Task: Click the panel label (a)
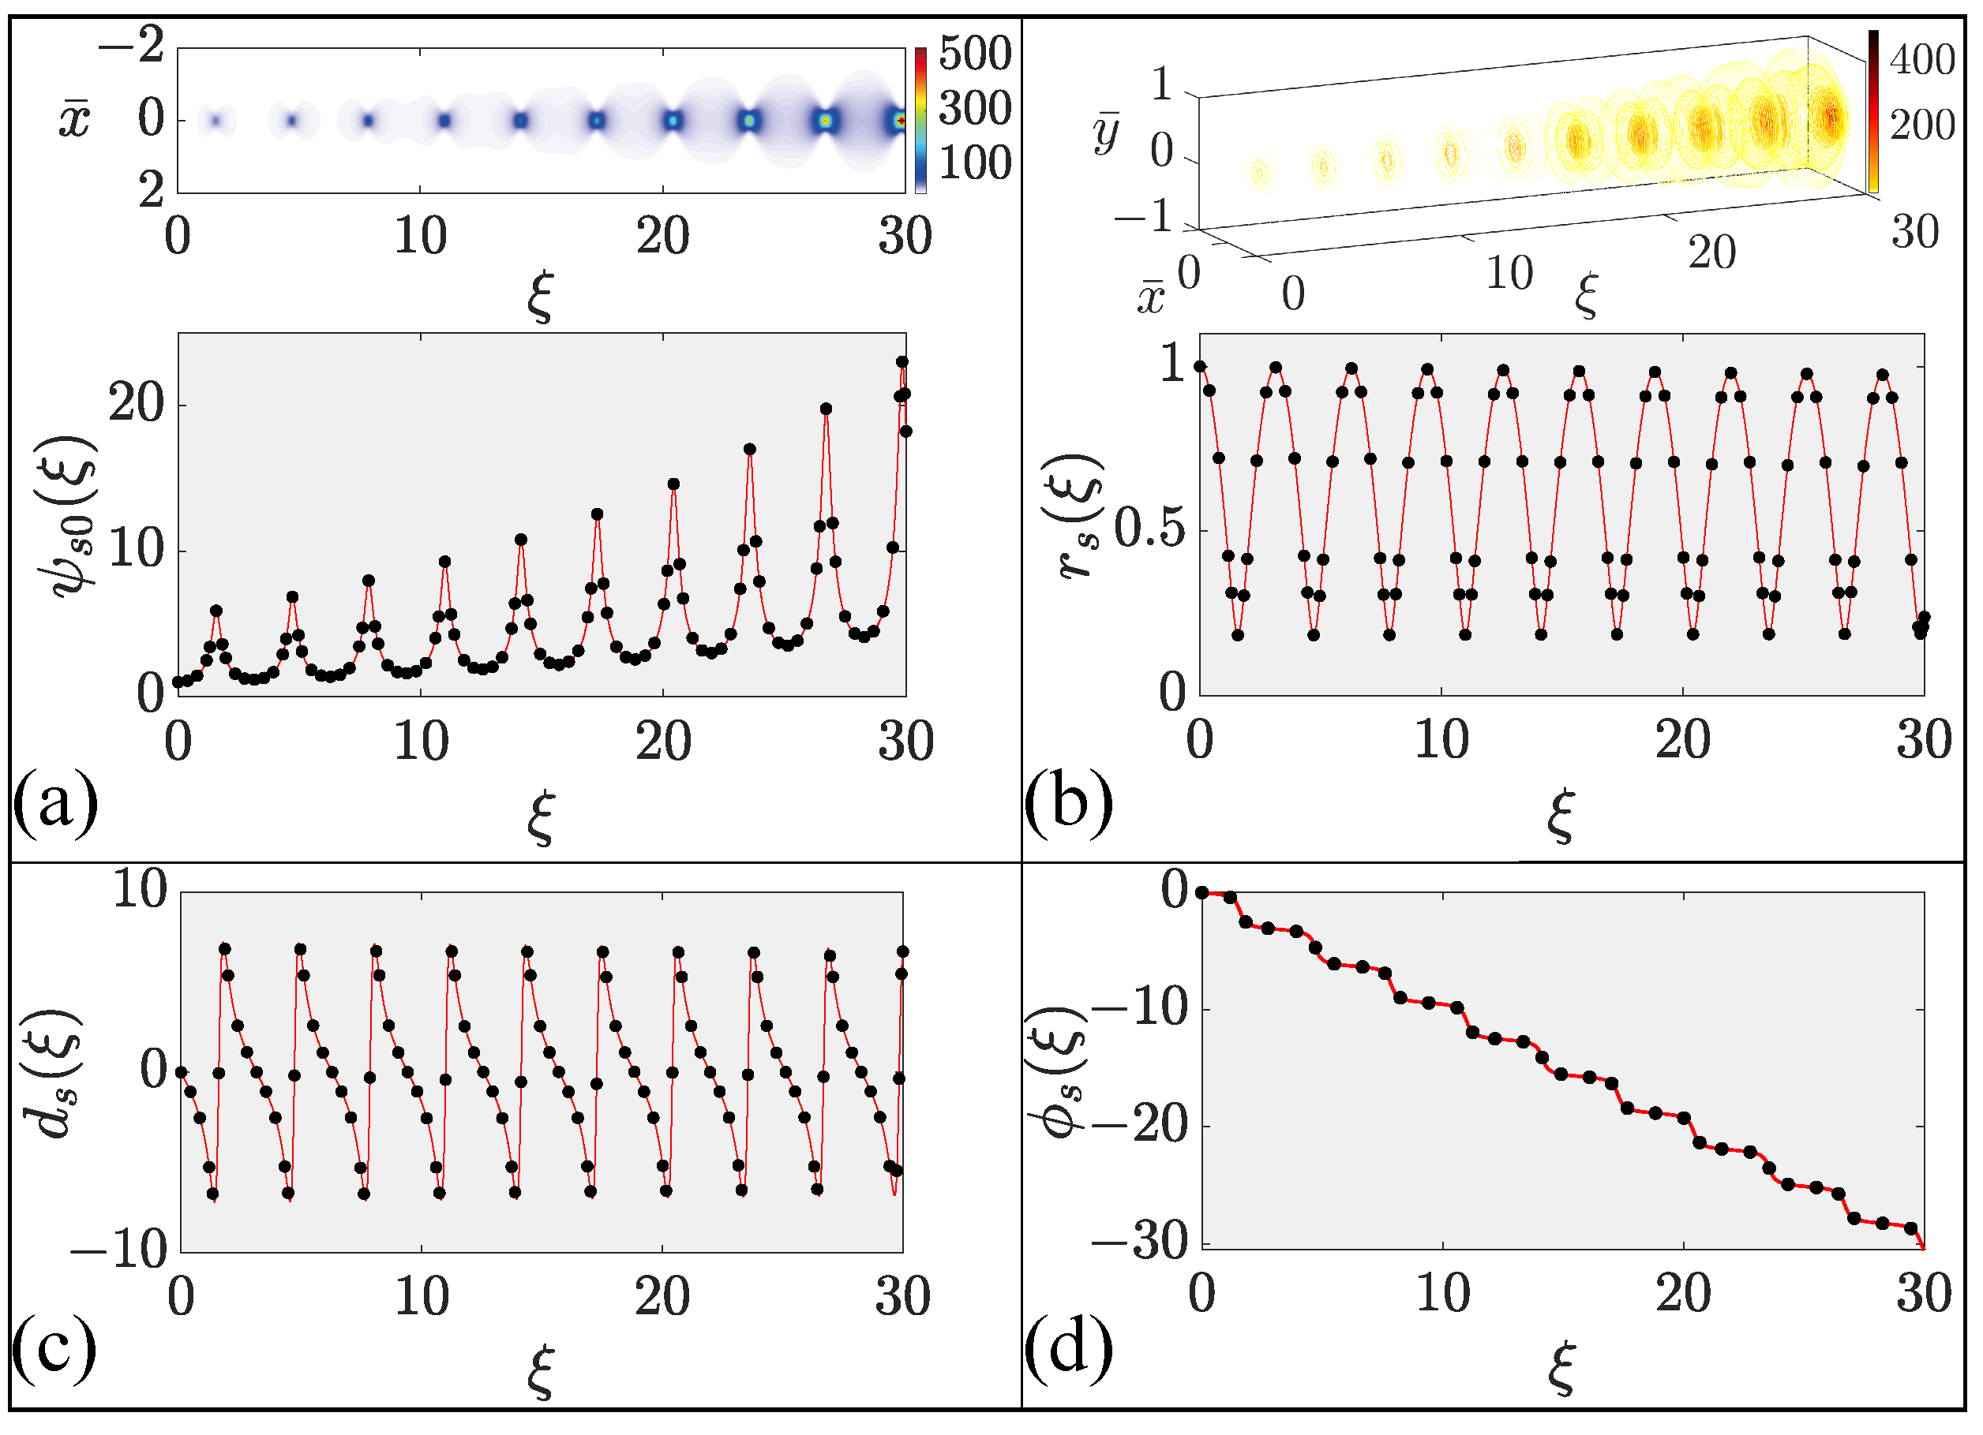coord(55,802)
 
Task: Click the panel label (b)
coord(1068,802)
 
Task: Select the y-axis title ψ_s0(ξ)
coord(73,516)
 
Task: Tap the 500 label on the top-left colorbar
coord(975,54)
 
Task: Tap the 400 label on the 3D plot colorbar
coord(1921,59)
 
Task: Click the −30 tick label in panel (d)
coord(1140,1241)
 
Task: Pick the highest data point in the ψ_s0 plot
coord(902,362)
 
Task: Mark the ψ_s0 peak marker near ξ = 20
coord(673,484)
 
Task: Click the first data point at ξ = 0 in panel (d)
coord(1202,892)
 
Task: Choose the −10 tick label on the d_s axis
coord(118,1251)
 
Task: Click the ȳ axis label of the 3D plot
coord(1106,133)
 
